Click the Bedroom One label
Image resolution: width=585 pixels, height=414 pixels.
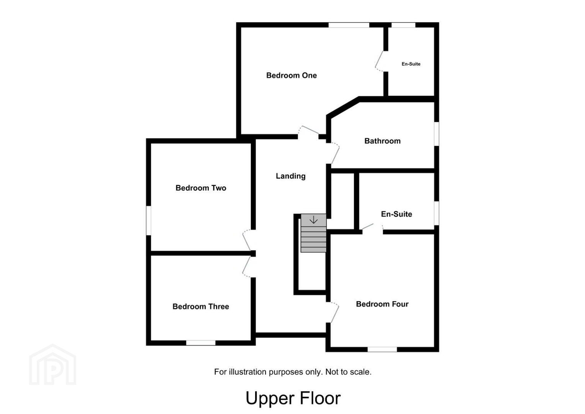[x=292, y=76]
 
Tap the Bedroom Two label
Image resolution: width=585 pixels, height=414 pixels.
[x=201, y=188]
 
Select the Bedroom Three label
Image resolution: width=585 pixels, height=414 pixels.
[x=201, y=306]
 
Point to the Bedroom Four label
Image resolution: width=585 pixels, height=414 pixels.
[x=382, y=304]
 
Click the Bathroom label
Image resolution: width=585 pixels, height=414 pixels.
[x=383, y=141]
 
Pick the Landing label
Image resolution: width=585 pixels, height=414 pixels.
[x=291, y=176]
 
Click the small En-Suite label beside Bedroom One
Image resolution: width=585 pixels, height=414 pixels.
[x=411, y=64]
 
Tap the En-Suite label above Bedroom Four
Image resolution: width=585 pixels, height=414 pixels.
[x=397, y=214]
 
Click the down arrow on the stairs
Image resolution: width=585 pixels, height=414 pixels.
[x=313, y=220]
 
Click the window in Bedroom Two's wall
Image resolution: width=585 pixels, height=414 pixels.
[x=148, y=220]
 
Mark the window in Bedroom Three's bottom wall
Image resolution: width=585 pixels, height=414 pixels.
[x=201, y=343]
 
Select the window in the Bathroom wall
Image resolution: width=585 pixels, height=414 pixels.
[x=437, y=134]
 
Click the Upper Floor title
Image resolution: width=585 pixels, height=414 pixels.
[x=293, y=398]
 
